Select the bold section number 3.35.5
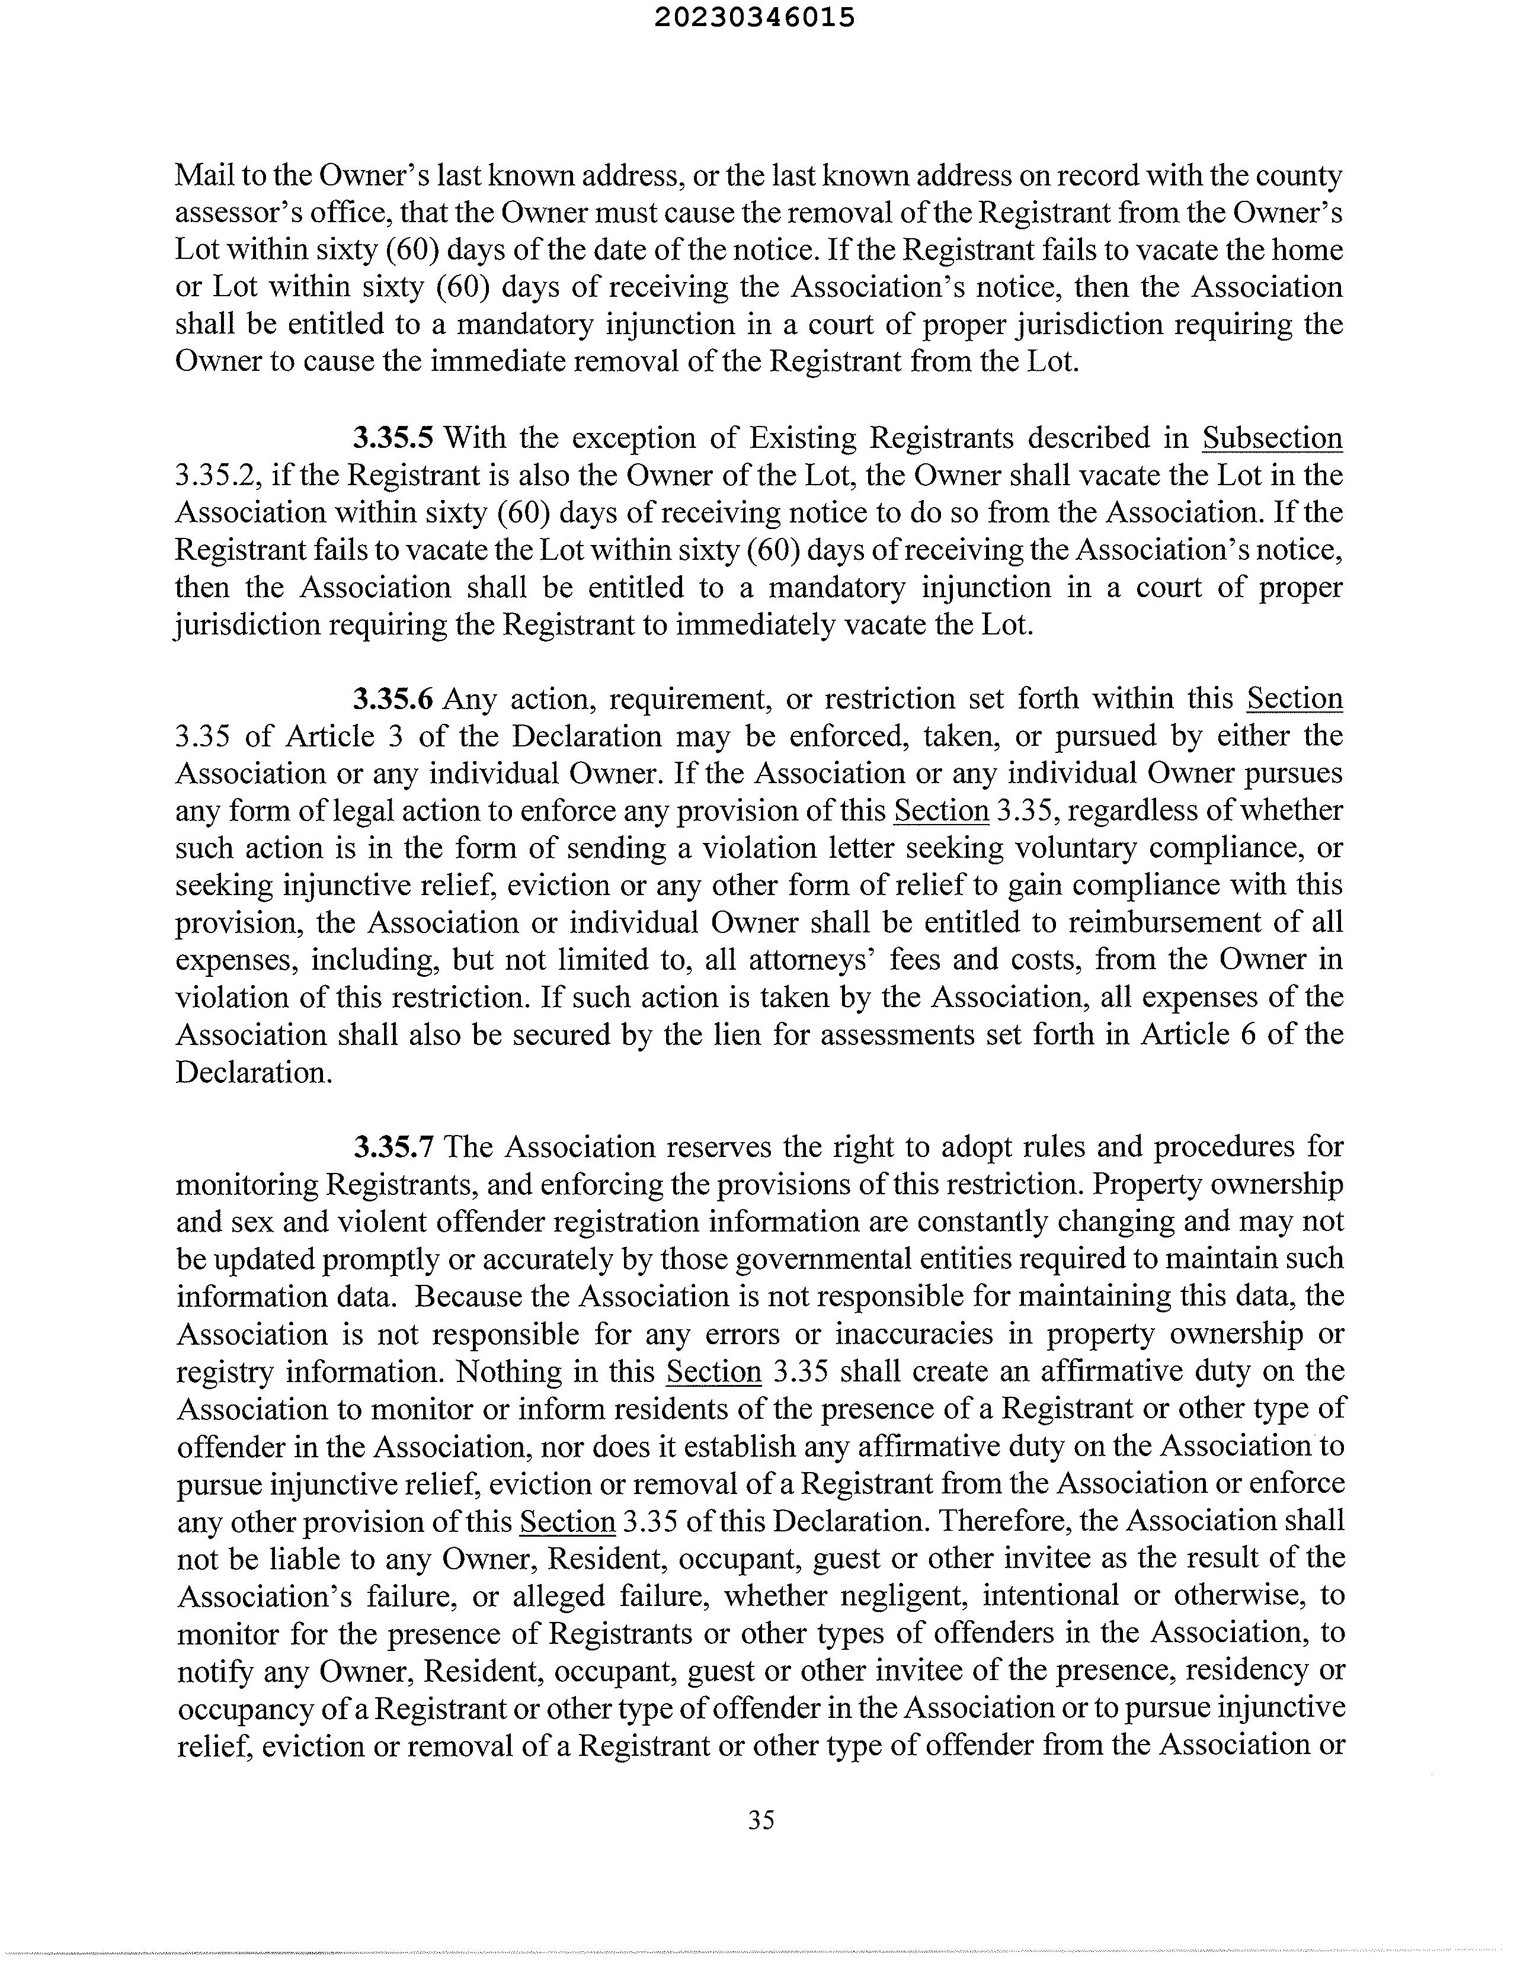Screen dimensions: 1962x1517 point(393,438)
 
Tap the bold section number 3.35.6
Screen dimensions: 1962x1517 point(393,699)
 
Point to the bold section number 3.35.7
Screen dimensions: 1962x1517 point(393,1147)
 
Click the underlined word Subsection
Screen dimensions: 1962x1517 point(1272,438)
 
